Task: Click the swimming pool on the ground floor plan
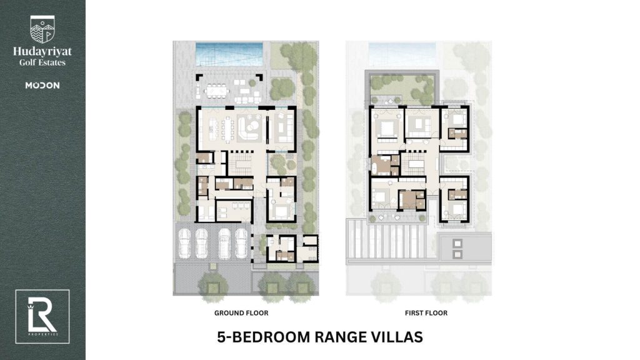[x=229, y=54]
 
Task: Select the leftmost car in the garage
[x=184, y=243]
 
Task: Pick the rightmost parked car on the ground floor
[x=241, y=243]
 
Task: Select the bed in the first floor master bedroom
[x=387, y=129]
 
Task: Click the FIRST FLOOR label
[x=426, y=313]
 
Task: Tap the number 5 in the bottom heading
[x=221, y=337]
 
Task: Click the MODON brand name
[x=42, y=85]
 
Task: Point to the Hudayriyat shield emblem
[x=42, y=29]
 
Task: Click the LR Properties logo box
[x=42, y=317]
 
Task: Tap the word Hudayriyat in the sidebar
[x=42, y=52]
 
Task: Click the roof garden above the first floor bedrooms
[x=402, y=87]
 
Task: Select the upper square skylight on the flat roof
[x=457, y=244]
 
